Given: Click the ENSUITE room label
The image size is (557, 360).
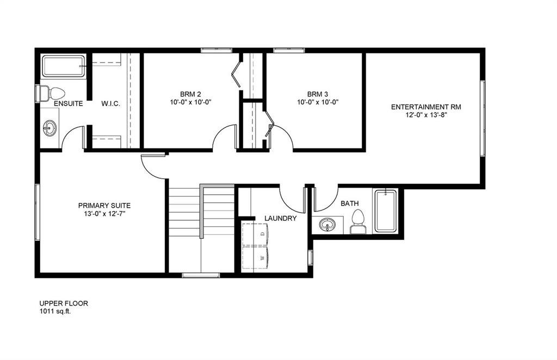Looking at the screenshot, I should pyautogui.click(x=68, y=103).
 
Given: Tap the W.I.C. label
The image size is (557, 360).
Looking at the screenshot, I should pyautogui.click(x=111, y=103).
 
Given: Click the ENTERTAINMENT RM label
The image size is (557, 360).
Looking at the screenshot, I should pyautogui.click(x=426, y=107).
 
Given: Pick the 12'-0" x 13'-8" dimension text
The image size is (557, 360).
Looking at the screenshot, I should pyautogui.click(x=426, y=115).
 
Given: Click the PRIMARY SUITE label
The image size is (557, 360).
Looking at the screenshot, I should pyautogui.click(x=104, y=206).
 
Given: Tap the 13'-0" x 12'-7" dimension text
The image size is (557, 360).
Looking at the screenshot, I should pyautogui.click(x=104, y=214).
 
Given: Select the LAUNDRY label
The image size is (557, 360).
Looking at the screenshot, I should pyautogui.click(x=280, y=219).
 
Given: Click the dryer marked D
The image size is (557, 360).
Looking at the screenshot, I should pyautogui.click(x=255, y=233).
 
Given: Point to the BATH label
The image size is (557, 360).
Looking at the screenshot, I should pyautogui.click(x=350, y=203).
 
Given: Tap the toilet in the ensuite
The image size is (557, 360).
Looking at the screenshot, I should pyautogui.click(x=53, y=94).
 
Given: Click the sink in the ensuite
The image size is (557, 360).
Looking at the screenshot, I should pyautogui.click(x=50, y=128).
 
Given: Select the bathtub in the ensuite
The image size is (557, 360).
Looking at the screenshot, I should pyautogui.click(x=64, y=66).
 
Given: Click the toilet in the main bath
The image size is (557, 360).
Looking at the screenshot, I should pyautogui.click(x=357, y=220).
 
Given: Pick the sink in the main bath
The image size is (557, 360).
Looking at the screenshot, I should pyautogui.click(x=327, y=224).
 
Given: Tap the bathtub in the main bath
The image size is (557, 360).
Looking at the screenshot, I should pyautogui.click(x=386, y=210).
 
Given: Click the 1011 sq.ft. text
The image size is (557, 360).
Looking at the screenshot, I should pyautogui.click(x=55, y=312).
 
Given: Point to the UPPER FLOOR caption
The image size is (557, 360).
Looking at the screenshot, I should pyautogui.click(x=63, y=303).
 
